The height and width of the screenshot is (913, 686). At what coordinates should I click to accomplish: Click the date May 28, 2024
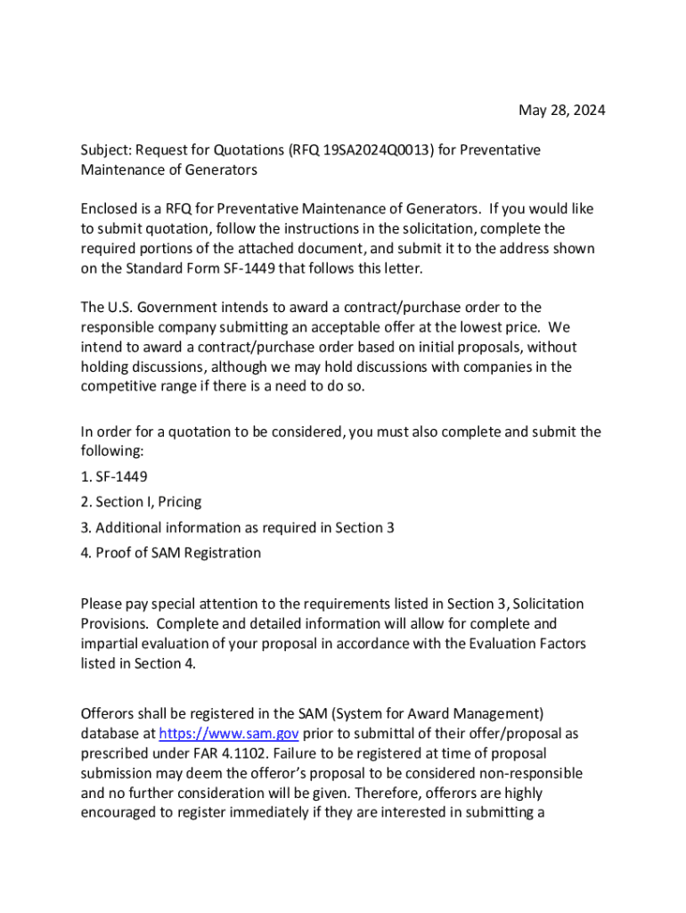[561, 111]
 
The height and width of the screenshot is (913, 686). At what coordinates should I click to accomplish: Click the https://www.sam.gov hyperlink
[228, 734]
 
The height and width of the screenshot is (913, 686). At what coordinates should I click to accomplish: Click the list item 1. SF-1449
[114, 476]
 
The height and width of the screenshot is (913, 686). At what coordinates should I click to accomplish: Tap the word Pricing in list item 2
[180, 502]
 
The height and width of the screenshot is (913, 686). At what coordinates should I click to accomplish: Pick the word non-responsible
[527, 773]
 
